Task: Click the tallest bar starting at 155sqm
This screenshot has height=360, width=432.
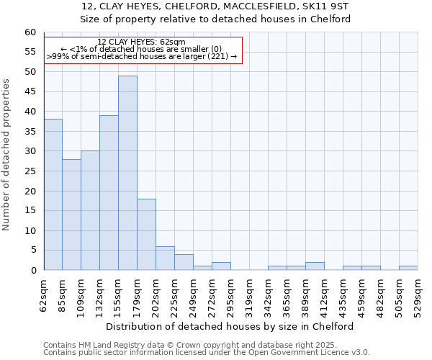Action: tap(127, 173)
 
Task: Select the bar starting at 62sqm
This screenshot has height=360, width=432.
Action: tap(53, 194)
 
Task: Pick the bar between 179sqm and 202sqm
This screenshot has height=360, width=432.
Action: tap(146, 235)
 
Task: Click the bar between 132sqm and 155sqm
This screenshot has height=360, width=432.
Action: tap(109, 193)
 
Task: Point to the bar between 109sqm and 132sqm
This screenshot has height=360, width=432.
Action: tap(90, 210)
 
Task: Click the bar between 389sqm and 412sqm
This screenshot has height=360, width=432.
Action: tap(315, 266)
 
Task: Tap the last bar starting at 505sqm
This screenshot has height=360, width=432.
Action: tap(408, 269)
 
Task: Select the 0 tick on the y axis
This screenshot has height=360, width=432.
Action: tap(32, 271)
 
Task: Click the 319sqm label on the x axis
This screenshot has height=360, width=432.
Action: tap(250, 296)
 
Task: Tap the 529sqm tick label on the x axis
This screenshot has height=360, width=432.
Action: tap(418, 296)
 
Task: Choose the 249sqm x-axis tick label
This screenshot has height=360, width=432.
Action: tap(194, 296)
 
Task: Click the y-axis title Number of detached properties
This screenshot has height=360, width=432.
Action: tap(7, 155)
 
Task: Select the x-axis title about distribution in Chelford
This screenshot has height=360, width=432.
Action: tap(234, 326)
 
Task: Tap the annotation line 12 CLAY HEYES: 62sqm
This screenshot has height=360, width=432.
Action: tap(141, 42)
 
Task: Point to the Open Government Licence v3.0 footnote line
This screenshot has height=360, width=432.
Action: tap(207, 353)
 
